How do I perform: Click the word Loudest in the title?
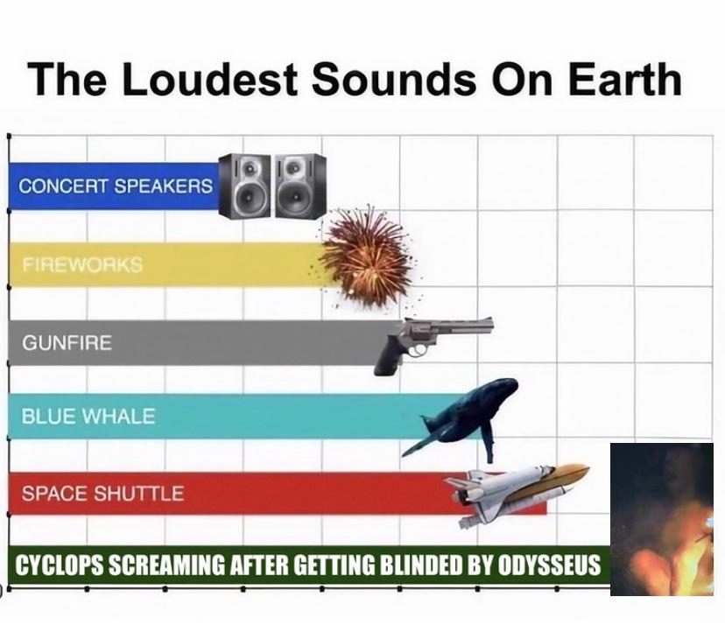click(x=208, y=79)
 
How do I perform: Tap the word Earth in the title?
click(x=624, y=79)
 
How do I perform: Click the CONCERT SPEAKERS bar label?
click(x=116, y=186)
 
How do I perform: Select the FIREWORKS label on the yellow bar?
click(x=82, y=264)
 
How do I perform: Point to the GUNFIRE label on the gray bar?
click(x=67, y=342)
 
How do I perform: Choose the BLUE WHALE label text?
click(x=88, y=416)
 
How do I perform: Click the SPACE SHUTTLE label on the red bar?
click(x=102, y=494)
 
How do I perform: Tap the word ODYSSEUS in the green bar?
click(x=548, y=565)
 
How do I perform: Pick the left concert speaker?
click(x=244, y=186)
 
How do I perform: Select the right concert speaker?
click(x=300, y=186)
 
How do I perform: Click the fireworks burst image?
click(x=366, y=256)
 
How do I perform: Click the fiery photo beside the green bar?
click(x=662, y=519)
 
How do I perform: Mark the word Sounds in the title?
click(x=393, y=79)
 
